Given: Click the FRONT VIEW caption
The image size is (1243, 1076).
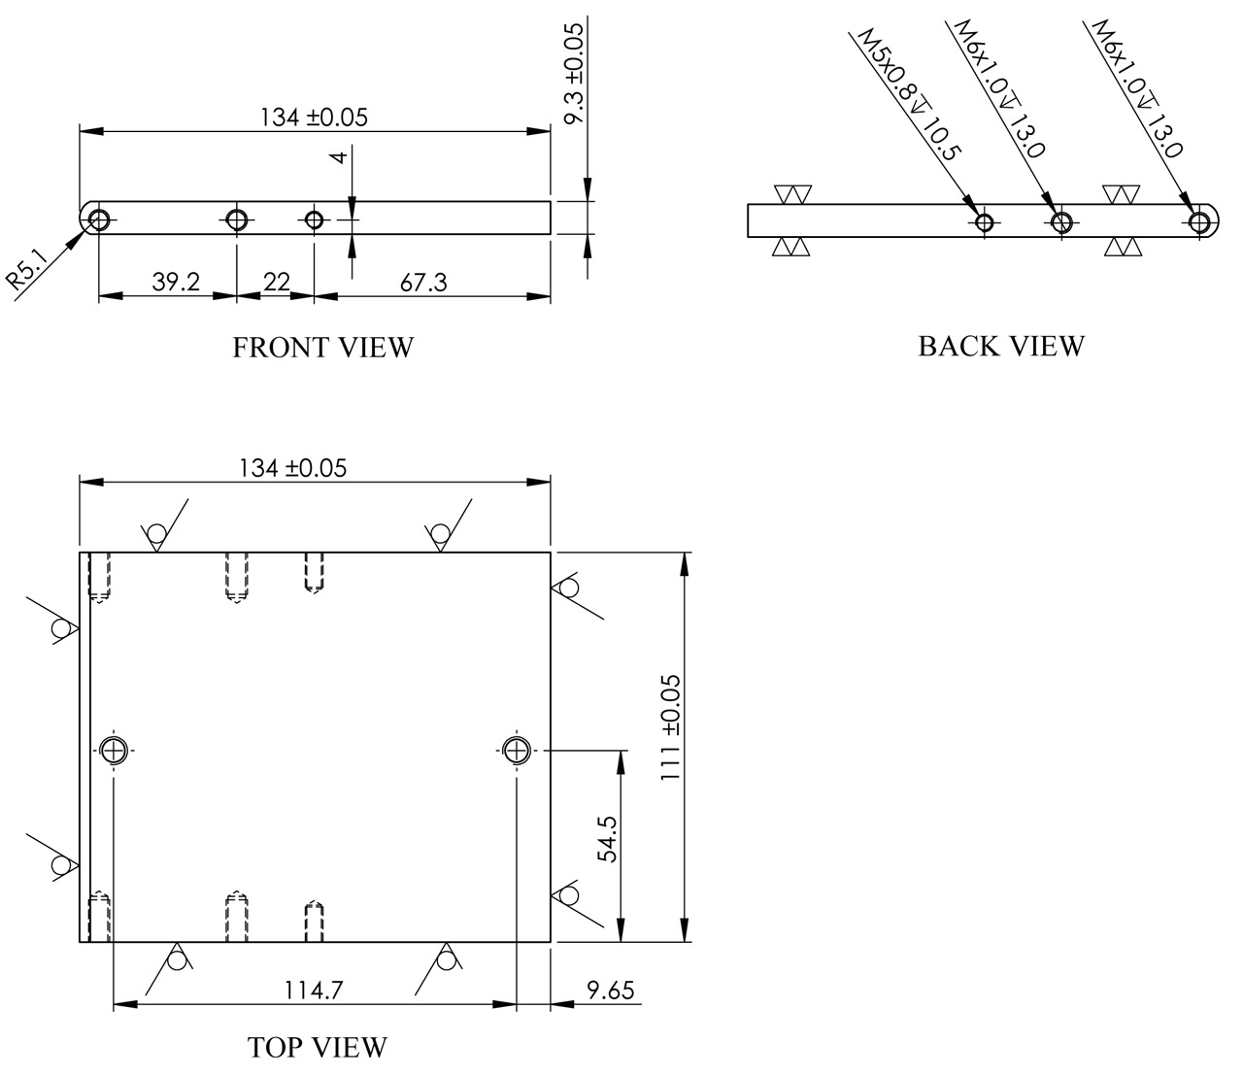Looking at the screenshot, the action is click(323, 348).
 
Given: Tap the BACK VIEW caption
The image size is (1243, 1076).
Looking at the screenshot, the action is click(1001, 347).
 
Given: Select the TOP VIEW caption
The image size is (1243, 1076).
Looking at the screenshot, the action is click(318, 1047).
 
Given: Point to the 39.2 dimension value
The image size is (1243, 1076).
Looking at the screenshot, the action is click(176, 282).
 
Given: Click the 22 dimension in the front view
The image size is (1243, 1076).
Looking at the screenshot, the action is click(277, 282).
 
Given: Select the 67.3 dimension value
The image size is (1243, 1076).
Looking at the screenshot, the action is click(424, 282).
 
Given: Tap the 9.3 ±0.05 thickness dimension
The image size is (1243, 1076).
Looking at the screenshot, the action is click(574, 74).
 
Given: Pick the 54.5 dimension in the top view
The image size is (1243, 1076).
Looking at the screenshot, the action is click(608, 840).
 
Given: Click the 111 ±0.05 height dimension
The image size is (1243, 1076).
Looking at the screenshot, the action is click(670, 727).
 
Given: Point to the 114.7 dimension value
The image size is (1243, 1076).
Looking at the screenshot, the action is click(313, 990).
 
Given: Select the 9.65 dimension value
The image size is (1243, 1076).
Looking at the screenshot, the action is click(611, 991).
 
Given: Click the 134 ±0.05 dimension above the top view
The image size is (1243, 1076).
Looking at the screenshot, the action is click(293, 468).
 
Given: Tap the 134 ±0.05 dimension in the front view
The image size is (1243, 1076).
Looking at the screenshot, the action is click(314, 118).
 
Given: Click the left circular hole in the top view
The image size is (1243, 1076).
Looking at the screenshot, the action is click(113, 751).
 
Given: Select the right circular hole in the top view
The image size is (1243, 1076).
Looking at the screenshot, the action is click(516, 751).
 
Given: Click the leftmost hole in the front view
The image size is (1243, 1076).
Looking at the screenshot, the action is click(99, 220).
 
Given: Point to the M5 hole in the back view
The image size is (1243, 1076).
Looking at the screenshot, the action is click(984, 222).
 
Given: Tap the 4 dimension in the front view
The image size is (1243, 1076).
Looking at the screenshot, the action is click(340, 157).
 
